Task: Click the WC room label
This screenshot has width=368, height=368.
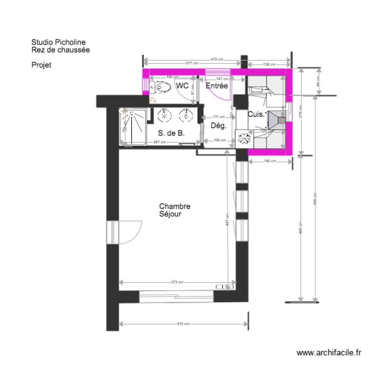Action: click(182, 86)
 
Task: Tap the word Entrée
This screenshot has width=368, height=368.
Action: click(217, 86)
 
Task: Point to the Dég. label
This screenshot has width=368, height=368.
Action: click(218, 126)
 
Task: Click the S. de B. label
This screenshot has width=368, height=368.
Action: click(171, 133)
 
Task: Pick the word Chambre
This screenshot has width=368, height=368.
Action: click(174, 207)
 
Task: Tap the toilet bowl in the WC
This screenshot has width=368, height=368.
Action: click(158, 87)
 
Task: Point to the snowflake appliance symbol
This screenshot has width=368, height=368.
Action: click(243, 138)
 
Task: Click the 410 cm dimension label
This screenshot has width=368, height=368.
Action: click(183, 324)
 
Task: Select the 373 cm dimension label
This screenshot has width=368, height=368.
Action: click(177, 282)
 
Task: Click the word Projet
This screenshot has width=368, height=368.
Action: click(41, 64)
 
